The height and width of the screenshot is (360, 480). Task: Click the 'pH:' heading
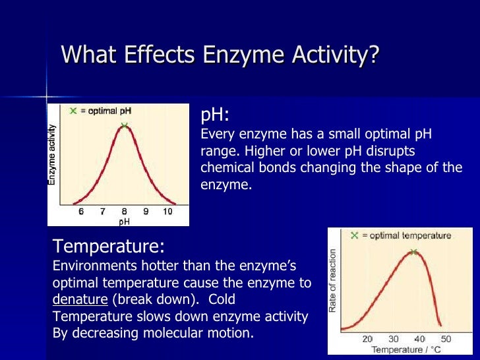215,115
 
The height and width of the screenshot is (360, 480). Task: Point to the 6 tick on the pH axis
81,212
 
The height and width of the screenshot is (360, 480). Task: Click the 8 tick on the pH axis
124,212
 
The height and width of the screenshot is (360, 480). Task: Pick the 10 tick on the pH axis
167,212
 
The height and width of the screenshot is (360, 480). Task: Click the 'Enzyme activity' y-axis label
53,154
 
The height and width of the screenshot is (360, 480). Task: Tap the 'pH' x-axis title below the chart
124,222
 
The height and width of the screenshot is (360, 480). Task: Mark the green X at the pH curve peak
124,125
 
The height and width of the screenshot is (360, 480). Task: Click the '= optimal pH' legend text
105,111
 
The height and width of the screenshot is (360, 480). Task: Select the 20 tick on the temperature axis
368,339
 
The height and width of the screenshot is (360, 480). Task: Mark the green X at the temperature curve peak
413,252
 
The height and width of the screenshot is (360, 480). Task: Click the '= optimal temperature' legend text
406,235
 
